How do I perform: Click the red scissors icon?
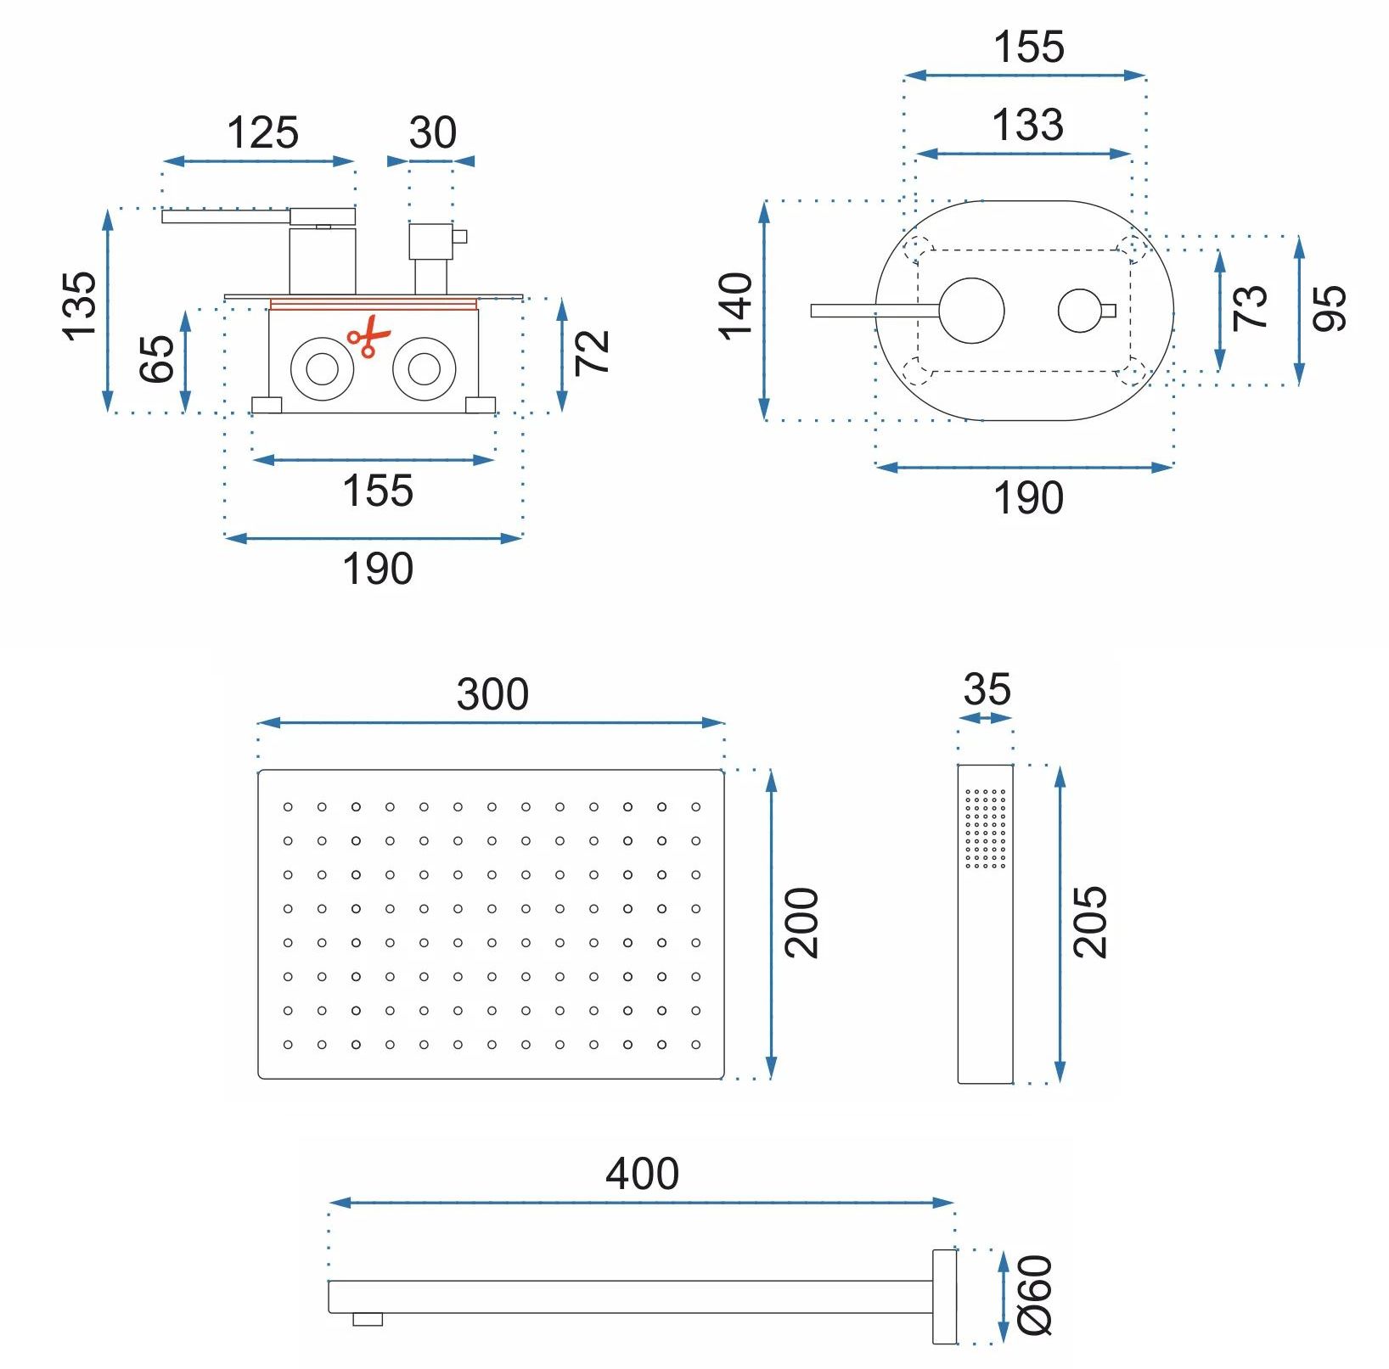[368, 336]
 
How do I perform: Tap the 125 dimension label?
[262, 133]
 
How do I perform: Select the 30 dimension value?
[432, 133]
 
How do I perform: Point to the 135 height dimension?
[79, 306]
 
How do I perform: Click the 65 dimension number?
[156, 359]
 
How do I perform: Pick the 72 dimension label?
[593, 351]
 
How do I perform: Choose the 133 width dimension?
[1027, 126]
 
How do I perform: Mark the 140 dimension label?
[736, 307]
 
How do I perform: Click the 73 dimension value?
[1250, 307]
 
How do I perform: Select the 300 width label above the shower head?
[492, 694]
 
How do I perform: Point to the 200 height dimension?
[801, 923]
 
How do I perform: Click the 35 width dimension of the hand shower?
[987, 689]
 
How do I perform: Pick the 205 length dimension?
[1090, 923]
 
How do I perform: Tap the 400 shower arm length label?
[642, 1174]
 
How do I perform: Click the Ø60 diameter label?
[1035, 1295]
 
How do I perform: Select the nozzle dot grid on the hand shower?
[986, 828]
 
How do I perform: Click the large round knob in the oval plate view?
[972, 311]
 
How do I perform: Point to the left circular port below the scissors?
[323, 369]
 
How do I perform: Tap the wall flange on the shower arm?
[944, 1296]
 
